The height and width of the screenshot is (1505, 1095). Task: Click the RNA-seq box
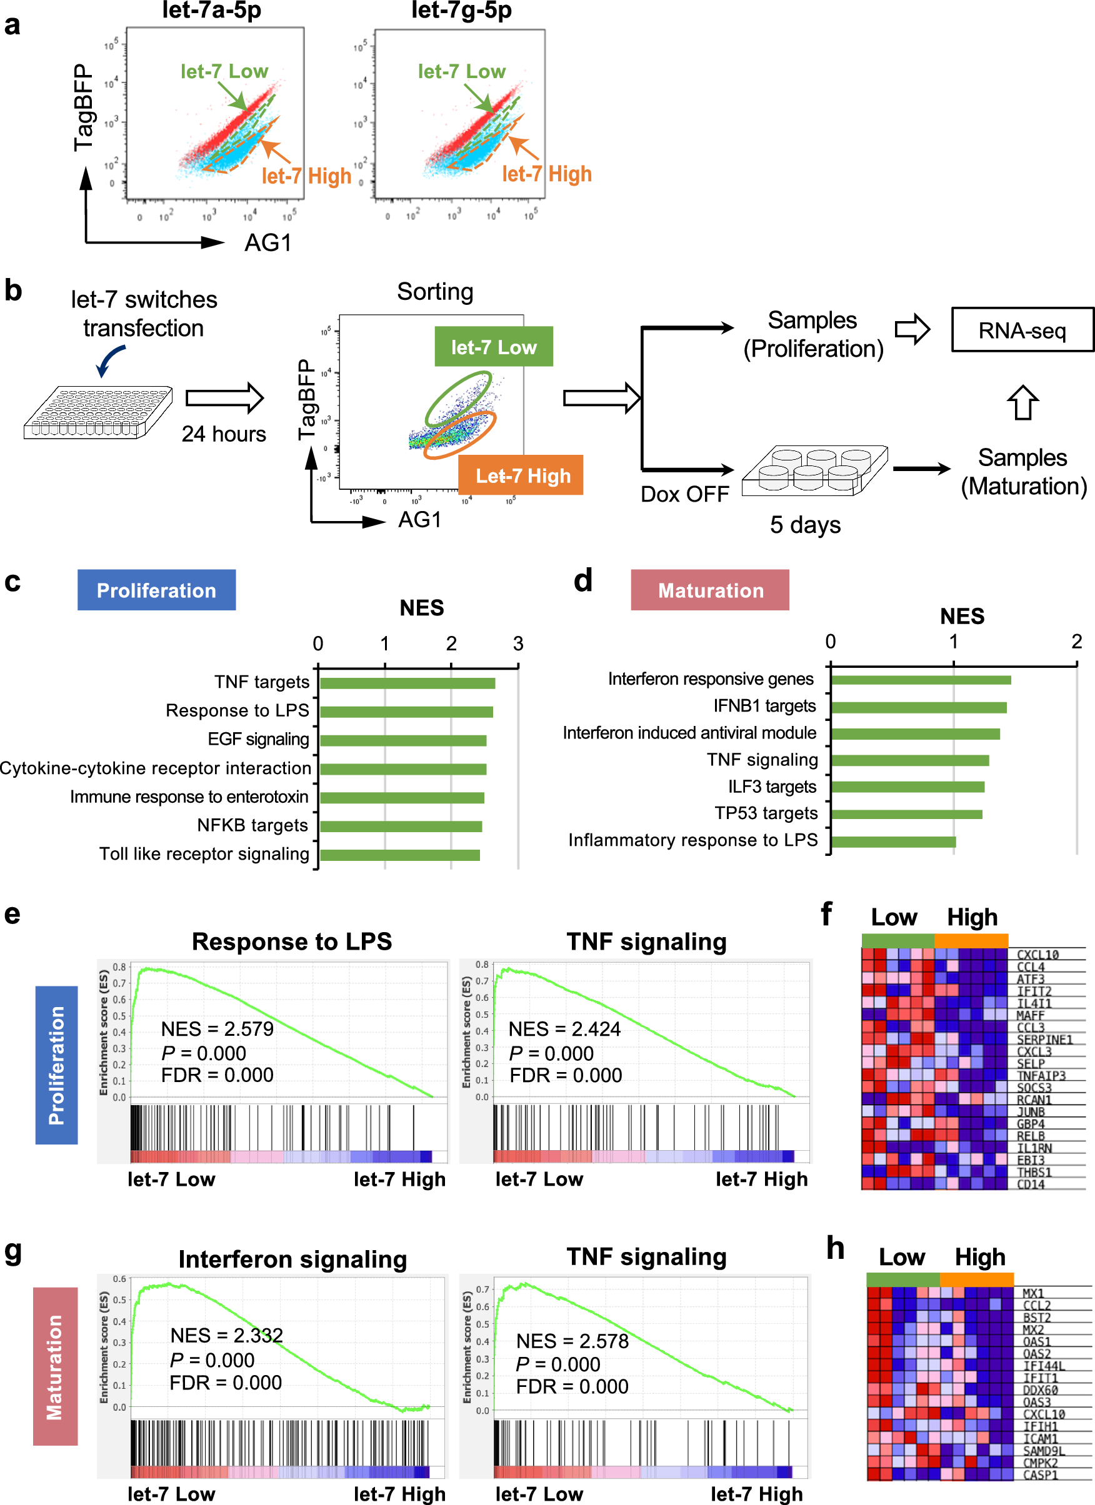1022,330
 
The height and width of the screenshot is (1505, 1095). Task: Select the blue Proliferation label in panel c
156,590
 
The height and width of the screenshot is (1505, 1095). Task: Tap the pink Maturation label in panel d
710,590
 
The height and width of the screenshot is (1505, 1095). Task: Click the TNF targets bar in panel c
407,683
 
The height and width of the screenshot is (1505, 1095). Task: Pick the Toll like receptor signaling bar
400,855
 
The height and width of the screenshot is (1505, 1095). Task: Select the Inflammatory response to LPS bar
893,842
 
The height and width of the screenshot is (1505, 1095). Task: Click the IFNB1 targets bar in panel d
918,707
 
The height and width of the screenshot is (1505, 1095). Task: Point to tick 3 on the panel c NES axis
518,643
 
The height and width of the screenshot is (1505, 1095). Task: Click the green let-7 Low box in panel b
493,346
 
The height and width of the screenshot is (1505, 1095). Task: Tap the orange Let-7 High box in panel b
521,475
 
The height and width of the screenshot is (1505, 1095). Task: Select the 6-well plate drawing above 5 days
814,470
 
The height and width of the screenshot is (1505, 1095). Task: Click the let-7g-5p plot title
461,10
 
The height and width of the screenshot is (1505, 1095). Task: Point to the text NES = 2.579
217,1028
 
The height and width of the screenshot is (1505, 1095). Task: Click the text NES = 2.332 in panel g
226,1335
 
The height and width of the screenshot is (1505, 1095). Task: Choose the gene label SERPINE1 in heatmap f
1044,1040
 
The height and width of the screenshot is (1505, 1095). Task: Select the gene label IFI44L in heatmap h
1044,1366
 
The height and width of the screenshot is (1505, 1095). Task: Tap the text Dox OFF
684,494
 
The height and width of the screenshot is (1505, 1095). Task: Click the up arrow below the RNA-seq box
1022,402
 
